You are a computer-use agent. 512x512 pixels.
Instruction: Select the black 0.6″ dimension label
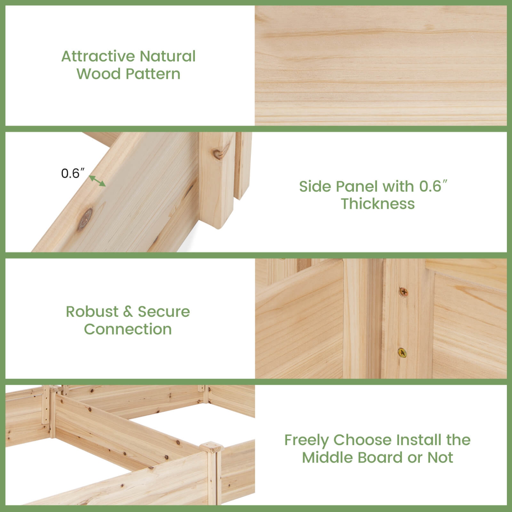click(x=72, y=173)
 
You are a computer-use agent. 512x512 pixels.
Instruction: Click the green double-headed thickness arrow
click(x=97, y=181)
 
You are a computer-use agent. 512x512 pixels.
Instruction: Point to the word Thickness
click(x=378, y=204)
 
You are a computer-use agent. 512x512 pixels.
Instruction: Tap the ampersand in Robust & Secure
click(x=128, y=312)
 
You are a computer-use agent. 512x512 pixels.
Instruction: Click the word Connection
click(x=128, y=329)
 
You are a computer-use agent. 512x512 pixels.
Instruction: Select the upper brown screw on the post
click(x=404, y=292)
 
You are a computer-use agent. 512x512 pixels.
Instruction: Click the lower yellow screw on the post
click(x=402, y=353)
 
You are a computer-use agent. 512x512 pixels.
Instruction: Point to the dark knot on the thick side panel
click(x=85, y=218)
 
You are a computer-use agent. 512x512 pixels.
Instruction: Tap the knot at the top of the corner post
click(x=217, y=154)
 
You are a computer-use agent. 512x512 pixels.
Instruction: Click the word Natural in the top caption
click(x=167, y=56)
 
